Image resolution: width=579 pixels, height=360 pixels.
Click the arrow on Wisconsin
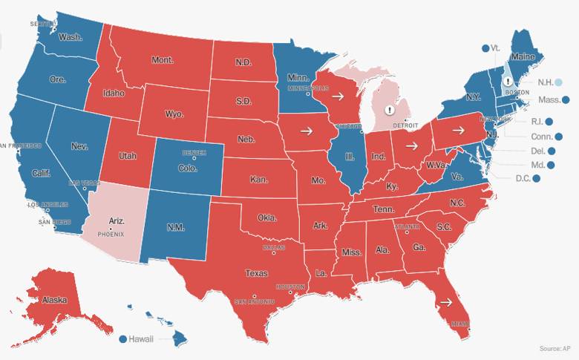[x=336, y=96]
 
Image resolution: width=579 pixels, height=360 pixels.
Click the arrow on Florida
[x=445, y=302]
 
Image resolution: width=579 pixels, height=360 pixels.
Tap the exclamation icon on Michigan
[x=389, y=110]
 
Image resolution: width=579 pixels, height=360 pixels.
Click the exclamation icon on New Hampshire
[x=508, y=82]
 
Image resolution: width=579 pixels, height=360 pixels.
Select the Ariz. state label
[x=116, y=220]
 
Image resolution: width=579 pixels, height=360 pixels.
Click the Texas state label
[x=257, y=272]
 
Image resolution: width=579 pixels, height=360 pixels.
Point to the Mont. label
[x=162, y=59]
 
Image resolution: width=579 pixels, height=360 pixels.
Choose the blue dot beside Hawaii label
[x=123, y=338]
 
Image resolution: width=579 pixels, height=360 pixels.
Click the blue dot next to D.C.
[x=536, y=178]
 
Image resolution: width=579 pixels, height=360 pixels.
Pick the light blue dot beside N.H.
[x=558, y=82]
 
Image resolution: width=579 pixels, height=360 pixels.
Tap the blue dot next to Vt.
[x=485, y=48]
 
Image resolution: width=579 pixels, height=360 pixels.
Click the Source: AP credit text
[x=555, y=347]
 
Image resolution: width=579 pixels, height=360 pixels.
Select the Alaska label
[x=54, y=300]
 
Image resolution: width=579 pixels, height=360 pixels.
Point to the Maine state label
[x=523, y=56]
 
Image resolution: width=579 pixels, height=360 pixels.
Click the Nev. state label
[x=79, y=146]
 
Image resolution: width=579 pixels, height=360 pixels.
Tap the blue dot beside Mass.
[x=566, y=99]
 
